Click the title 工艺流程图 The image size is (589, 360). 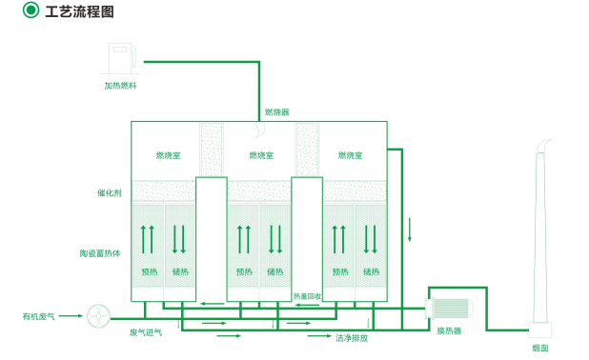point(79,11)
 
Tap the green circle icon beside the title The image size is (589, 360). point(30,10)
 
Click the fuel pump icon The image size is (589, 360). point(121,58)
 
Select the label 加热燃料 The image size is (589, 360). point(121,86)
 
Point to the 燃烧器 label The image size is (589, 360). point(276,111)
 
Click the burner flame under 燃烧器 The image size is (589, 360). point(259,130)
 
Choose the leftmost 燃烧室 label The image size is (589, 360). point(168,155)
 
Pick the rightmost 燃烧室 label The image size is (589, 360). point(350,155)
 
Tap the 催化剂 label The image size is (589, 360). point(110,193)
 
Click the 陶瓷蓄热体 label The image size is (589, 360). point(100,253)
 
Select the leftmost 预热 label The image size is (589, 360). point(150,271)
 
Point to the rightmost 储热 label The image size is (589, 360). point(371,271)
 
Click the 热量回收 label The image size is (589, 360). point(307,296)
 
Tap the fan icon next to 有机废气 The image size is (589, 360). point(99,315)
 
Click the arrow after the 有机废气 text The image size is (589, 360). point(71,315)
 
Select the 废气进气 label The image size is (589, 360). point(146,332)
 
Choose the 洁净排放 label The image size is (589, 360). point(352,338)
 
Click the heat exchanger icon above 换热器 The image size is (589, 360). point(449,309)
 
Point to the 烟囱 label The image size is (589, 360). point(540,348)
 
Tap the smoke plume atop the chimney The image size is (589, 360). point(543,146)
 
